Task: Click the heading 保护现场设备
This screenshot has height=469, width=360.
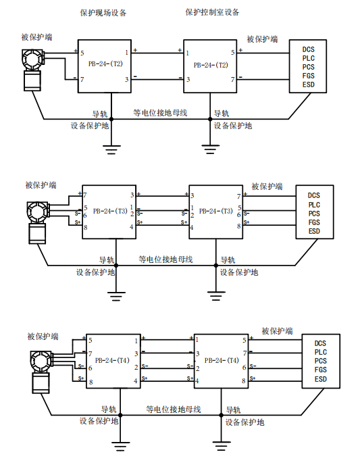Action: (x=103, y=13)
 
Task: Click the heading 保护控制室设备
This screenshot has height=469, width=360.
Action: (x=212, y=12)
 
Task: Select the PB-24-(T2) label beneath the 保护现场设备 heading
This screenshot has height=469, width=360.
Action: (x=105, y=64)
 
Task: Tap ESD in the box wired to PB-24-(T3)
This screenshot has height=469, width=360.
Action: (x=314, y=231)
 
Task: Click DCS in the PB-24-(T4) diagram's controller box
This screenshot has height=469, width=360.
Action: (x=320, y=343)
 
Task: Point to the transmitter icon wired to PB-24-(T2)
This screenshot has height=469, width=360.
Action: (x=33, y=70)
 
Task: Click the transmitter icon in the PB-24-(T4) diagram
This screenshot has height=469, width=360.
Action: (x=42, y=372)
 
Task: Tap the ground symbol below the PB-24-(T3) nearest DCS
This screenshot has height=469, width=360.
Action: (x=216, y=295)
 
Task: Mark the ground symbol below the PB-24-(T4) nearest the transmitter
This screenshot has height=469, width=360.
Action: (x=120, y=445)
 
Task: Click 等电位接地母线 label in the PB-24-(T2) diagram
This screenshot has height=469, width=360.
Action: (x=160, y=113)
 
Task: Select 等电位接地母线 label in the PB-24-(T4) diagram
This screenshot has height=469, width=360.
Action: (x=174, y=409)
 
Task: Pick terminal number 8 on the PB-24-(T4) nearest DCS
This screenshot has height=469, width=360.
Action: (x=244, y=380)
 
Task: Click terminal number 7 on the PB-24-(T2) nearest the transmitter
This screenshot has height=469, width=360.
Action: (x=82, y=80)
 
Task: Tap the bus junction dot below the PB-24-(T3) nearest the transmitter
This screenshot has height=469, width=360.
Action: (x=116, y=266)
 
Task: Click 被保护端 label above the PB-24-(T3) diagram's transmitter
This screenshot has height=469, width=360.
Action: (x=41, y=185)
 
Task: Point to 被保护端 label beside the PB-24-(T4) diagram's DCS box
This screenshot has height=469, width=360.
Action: (x=277, y=331)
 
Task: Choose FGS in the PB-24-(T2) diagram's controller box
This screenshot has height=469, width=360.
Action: (x=308, y=76)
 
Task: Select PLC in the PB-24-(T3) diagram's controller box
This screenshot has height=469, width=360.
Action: (x=314, y=205)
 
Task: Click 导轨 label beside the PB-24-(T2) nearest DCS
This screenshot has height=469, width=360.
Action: (x=222, y=114)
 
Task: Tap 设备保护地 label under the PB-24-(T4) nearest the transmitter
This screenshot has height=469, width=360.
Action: (x=99, y=421)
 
